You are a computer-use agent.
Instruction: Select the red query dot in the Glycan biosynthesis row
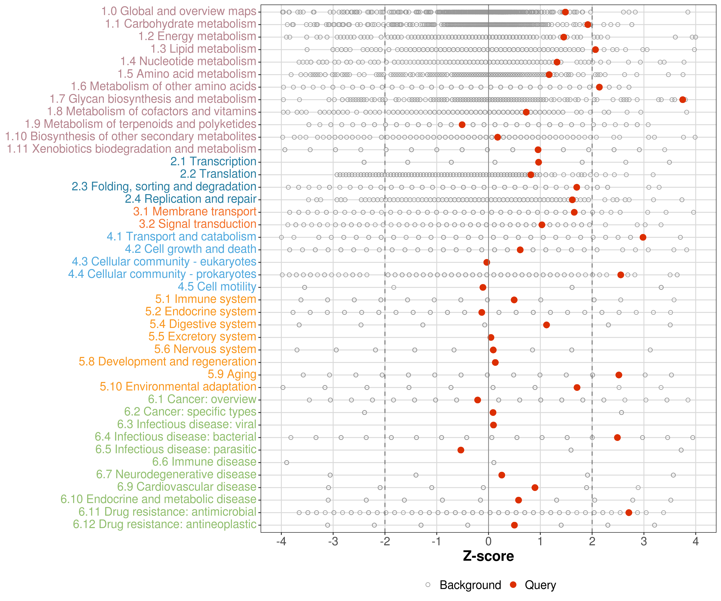coord(683,100)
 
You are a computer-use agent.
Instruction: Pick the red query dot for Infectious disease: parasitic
coord(461,450)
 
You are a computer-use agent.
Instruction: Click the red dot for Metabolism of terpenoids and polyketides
coord(462,125)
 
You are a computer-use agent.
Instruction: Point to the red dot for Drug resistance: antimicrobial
coord(629,512)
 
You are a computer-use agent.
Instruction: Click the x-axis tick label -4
coord(281,542)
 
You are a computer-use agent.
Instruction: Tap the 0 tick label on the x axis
coord(488,542)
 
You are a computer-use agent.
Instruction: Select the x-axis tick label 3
coord(644,542)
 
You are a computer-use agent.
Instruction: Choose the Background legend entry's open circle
coord(428,585)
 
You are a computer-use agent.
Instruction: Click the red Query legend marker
coord(513,585)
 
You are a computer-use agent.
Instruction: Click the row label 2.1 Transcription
coord(213,161)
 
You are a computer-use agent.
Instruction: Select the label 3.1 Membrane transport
coord(195,212)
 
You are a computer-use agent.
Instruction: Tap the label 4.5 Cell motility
coord(217,286)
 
